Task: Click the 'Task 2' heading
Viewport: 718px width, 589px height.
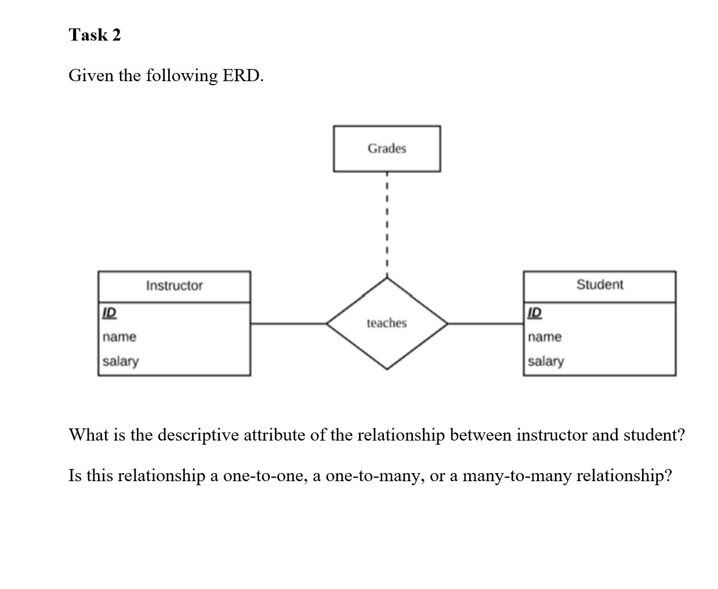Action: [95, 35]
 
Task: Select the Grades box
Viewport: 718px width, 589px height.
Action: [387, 148]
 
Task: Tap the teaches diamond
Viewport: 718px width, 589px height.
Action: [387, 323]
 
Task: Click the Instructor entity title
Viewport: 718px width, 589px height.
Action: [174, 286]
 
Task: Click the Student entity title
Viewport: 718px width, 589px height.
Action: [600, 285]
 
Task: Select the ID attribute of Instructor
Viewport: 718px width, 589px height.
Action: [109, 312]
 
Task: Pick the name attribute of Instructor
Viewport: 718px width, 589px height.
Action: [119, 337]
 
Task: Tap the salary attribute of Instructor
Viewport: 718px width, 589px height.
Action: [121, 361]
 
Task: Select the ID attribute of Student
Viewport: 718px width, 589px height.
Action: [535, 312]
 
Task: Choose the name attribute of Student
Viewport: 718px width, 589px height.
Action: [545, 337]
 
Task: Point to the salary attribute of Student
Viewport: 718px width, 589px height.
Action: [546, 361]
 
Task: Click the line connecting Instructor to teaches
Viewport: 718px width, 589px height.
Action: [288, 323]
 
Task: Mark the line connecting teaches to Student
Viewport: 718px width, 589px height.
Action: [485, 323]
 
